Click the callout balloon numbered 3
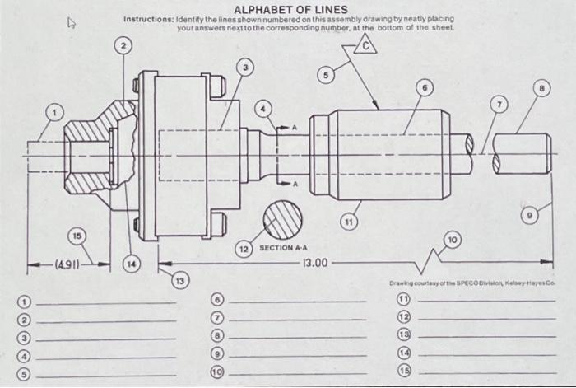pos(243,65)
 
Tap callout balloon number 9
pos(531,216)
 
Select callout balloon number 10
pos(452,240)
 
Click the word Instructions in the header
pos(147,19)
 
